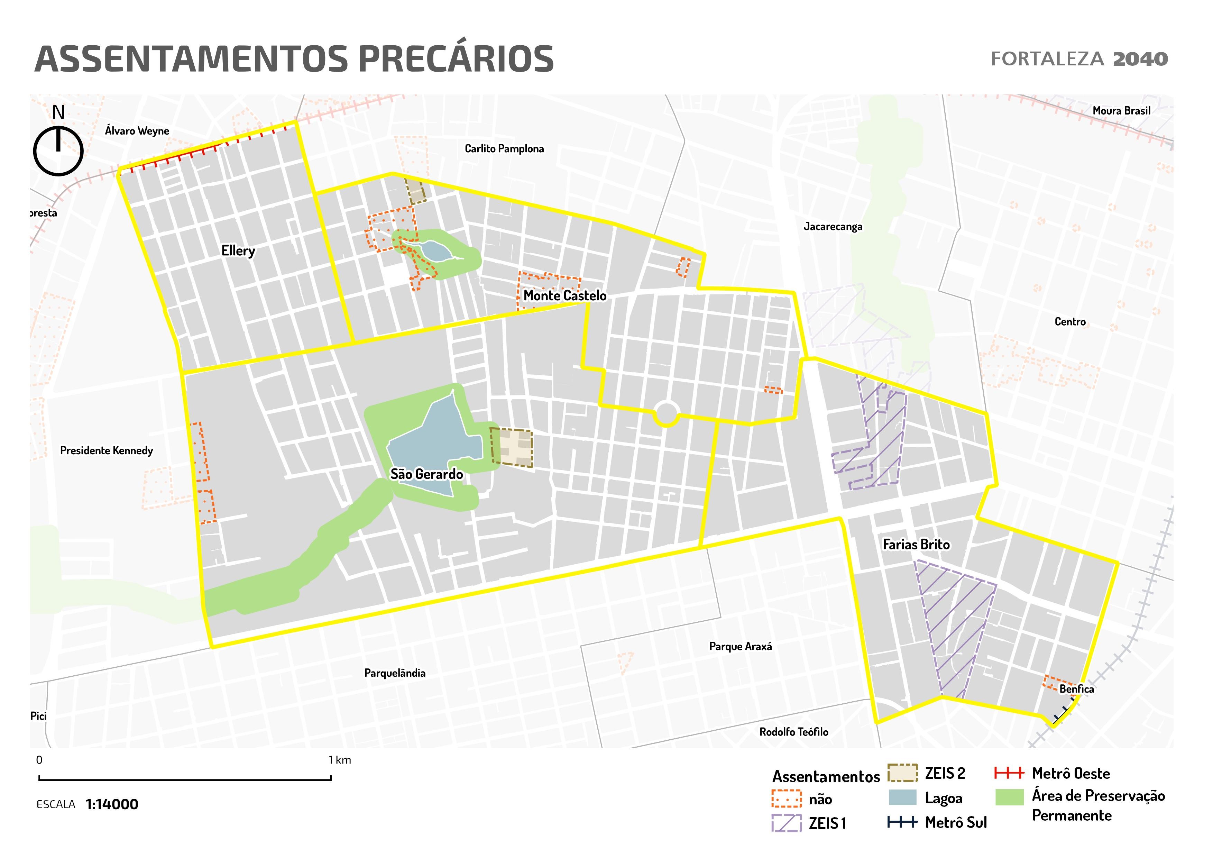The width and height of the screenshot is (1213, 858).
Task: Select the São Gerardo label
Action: (x=426, y=474)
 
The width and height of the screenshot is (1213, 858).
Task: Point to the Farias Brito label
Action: (x=916, y=545)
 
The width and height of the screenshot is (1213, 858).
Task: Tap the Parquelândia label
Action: (x=395, y=673)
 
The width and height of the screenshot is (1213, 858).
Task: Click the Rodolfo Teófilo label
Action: (x=793, y=732)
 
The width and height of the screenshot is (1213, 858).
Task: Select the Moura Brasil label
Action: (x=1121, y=111)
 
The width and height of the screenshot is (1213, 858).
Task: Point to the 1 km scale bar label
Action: (x=339, y=760)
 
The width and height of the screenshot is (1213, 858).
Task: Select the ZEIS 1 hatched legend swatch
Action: (x=786, y=823)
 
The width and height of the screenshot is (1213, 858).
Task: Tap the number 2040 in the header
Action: (x=1140, y=59)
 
